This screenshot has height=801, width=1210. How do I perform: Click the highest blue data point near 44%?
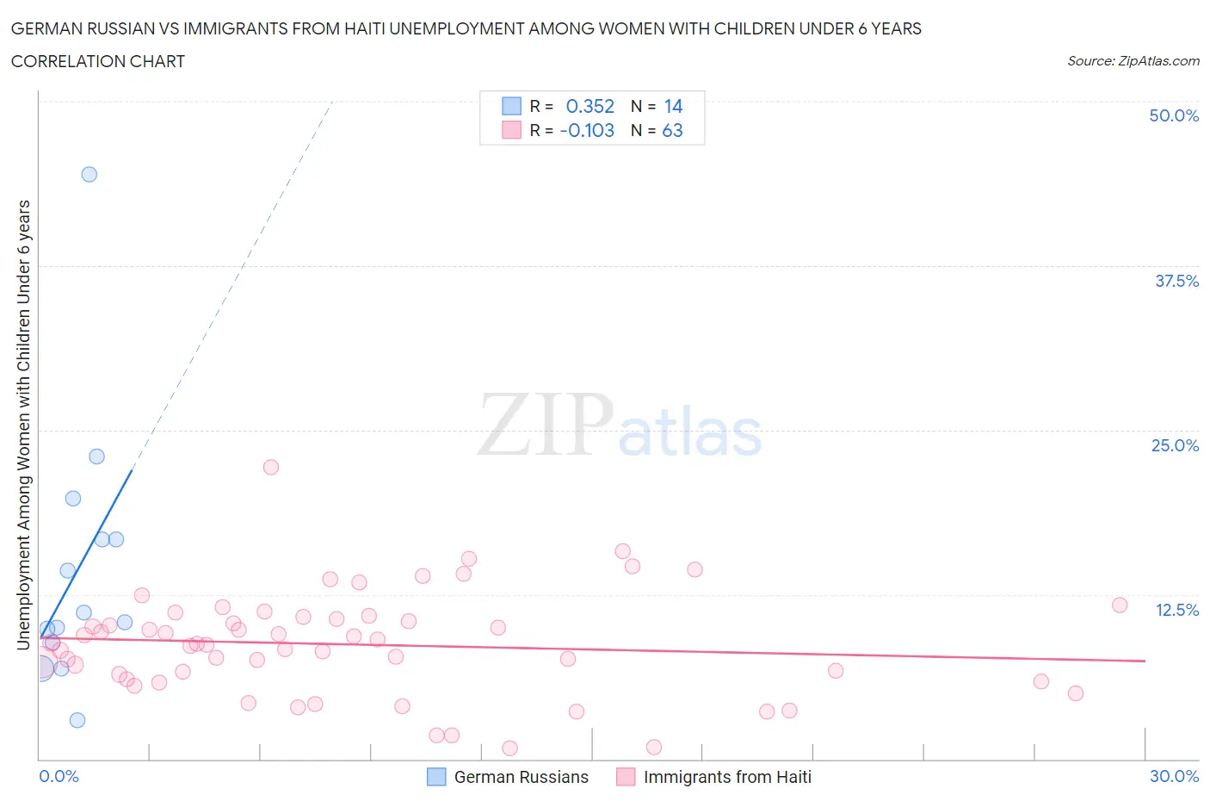89,174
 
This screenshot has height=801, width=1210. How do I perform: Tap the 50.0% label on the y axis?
1174,115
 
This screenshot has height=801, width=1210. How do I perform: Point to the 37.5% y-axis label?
1176,281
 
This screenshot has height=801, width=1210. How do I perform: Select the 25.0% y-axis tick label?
1175,445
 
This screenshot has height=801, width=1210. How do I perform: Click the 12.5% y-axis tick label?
1176,610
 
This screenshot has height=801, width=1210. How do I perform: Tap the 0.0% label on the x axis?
59,776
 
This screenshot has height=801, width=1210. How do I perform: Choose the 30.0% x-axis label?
1174,776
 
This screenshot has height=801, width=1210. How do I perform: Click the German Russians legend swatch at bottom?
437,777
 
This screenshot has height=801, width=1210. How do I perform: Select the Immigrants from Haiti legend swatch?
626,777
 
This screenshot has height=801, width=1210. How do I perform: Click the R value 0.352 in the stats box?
590,106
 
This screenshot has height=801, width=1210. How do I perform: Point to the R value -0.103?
587,130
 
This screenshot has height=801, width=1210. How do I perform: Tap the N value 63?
672,130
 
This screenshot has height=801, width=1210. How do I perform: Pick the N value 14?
673,106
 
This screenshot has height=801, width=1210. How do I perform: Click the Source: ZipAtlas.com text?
1133,61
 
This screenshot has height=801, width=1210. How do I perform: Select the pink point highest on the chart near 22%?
271,467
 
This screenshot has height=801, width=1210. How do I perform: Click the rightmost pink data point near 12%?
1120,605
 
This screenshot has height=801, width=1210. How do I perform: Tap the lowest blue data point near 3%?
77,720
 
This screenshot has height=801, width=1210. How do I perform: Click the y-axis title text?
24,425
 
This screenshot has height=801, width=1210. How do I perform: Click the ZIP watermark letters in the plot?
546,425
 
